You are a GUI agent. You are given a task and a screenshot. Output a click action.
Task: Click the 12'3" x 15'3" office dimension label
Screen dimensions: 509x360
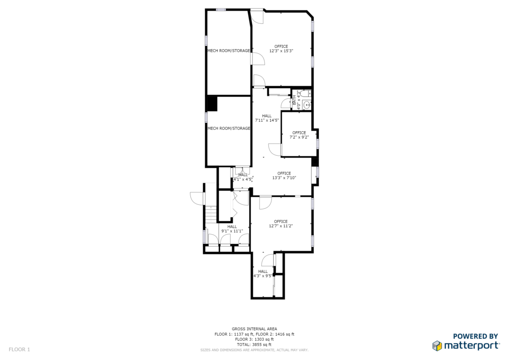(281, 49)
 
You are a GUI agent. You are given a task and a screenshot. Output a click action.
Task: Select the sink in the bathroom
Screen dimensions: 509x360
(306, 105)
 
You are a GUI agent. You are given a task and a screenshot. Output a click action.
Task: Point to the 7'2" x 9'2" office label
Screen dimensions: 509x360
(299, 135)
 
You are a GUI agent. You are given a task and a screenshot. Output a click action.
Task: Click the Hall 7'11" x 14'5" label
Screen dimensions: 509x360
(267, 118)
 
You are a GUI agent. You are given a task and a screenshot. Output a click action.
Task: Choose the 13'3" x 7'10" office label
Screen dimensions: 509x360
(284, 176)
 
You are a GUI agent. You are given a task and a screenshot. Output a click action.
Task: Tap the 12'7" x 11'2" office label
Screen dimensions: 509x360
(281, 224)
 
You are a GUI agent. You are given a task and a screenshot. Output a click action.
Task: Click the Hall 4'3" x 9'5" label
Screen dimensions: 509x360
(263, 273)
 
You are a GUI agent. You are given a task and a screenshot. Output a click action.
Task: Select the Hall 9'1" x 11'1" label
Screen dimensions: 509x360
(232, 229)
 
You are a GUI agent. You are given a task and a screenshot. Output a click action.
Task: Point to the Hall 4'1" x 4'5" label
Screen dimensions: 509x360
(243, 177)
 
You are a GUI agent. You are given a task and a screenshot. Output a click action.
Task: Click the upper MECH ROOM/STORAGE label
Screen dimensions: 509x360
(229, 51)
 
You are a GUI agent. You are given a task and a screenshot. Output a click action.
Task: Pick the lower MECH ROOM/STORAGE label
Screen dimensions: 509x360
(229, 128)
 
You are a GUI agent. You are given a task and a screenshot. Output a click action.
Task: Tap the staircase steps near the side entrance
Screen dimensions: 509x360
(211, 214)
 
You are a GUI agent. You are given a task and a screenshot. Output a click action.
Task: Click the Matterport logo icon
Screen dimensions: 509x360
(437, 346)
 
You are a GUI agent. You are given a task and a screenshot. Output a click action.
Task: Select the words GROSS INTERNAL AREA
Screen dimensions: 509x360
(254, 329)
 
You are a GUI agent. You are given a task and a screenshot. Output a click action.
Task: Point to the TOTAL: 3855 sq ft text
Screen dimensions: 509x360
(254, 345)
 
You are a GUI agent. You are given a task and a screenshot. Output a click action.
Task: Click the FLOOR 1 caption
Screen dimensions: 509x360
(19, 350)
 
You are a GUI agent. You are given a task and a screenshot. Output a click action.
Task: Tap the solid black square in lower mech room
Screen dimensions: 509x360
(212, 104)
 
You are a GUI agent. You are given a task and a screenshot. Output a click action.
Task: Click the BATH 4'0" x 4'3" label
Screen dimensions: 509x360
(296, 100)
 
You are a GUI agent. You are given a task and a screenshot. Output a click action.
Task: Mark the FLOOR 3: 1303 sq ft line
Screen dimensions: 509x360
(254, 339)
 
